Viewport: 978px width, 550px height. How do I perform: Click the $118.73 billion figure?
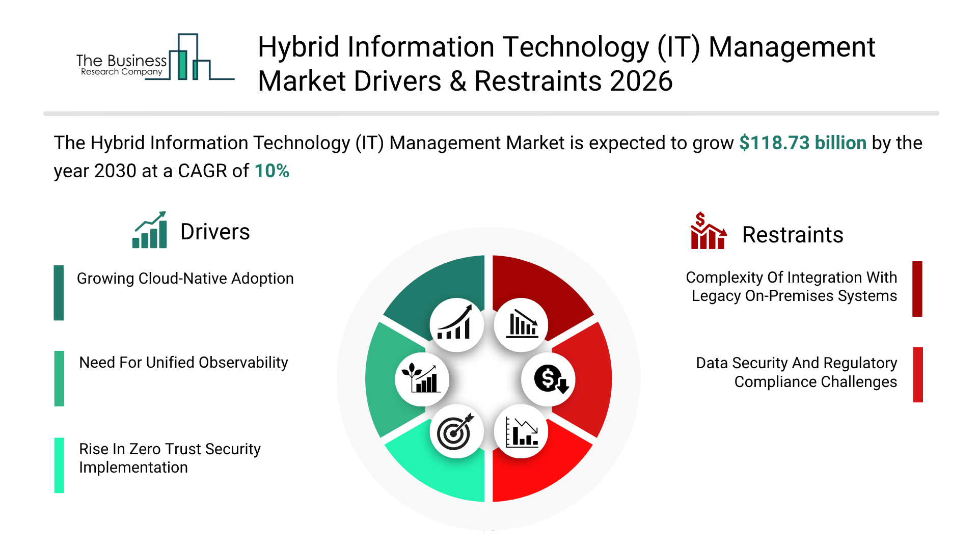(x=802, y=143)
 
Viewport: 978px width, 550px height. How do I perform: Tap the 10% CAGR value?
(x=271, y=171)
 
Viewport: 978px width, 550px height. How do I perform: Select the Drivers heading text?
(x=215, y=232)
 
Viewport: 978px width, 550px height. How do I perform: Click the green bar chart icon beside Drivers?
(x=150, y=230)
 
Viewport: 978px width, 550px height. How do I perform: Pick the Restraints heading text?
(x=792, y=235)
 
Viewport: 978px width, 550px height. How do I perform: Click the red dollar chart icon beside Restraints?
(x=708, y=231)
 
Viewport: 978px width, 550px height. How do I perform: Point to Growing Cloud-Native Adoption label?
(x=185, y=279)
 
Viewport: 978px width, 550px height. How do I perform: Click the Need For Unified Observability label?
(x=183, y=363)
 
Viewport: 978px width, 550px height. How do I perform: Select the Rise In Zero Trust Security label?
(x=170, y=458)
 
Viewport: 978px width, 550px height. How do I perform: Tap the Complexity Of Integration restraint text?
(x=791, y=287)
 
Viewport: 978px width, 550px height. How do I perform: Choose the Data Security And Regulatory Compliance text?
(x=796, y=372)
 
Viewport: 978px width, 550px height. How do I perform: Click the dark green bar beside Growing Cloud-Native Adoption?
(x=59, y=292)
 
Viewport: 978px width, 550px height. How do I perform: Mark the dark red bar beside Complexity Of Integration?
(x=917, y=289)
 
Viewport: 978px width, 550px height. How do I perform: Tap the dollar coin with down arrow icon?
(x=549, y=379)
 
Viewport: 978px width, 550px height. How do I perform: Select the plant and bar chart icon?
(x=422, y=379)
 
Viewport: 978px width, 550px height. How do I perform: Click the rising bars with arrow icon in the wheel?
(x=456, y=325)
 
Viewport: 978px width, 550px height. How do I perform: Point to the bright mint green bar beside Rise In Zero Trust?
(x=60, y=465)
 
